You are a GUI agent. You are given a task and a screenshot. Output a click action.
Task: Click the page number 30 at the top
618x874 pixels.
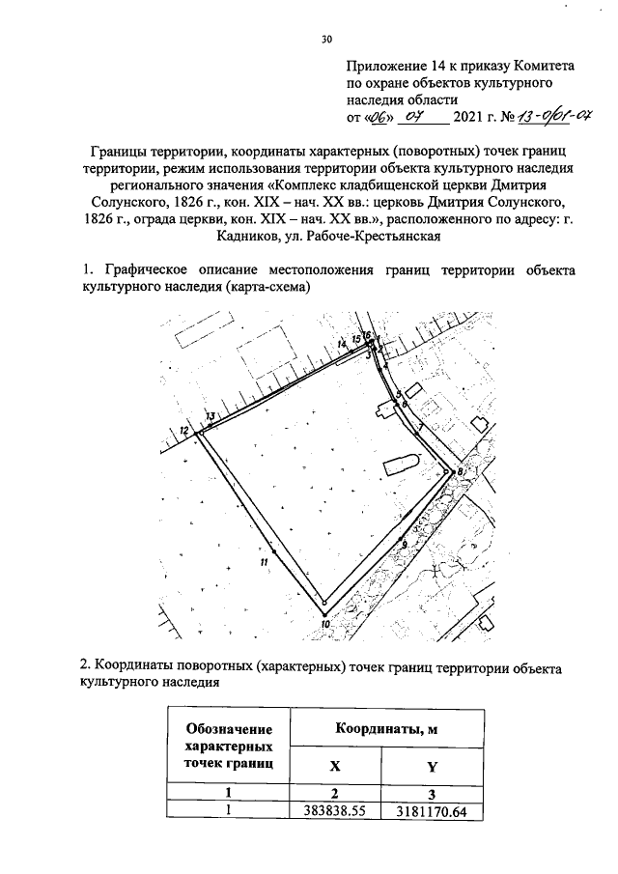pos(326,39)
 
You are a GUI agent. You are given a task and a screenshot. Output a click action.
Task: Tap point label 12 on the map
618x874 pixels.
pos(184,431)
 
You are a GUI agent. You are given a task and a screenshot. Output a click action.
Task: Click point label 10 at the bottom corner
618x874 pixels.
pos(325,624)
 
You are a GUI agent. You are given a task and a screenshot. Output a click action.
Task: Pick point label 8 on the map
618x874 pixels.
pos(461,470)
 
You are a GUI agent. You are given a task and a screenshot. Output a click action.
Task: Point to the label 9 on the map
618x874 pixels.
pos(403,546)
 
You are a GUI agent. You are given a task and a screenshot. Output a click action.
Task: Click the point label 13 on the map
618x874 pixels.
pos(210,416)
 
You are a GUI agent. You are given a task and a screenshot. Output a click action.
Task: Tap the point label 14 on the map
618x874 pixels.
pos(342,344)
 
